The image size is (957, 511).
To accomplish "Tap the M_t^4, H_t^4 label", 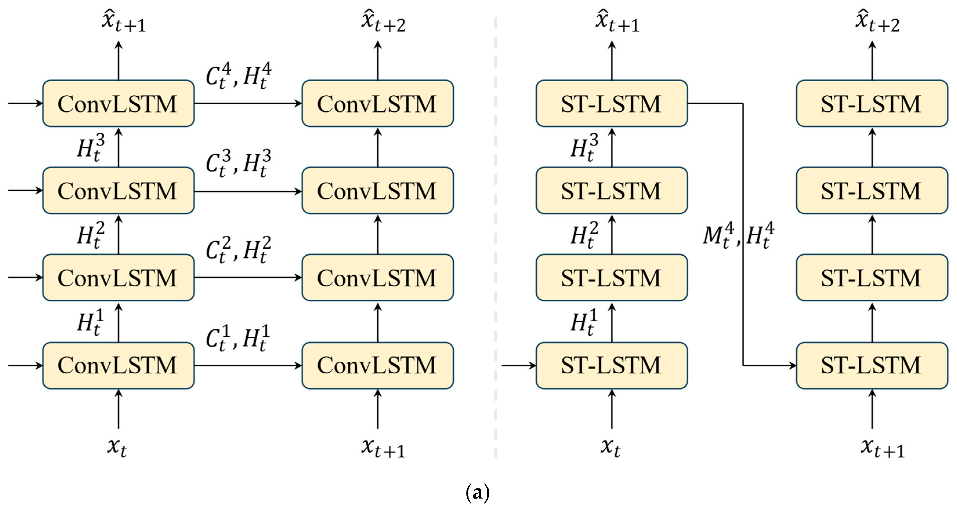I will pyautogui.click(x=738, y=235).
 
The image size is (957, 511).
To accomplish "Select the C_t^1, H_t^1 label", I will pyautogui.click(x=238, y=339).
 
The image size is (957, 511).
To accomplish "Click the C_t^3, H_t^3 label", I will pyautogui.click(x=238, y=164).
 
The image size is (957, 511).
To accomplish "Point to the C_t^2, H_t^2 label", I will pyautogui.click(x=238, y=250).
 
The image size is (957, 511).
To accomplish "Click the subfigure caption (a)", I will pyautogui.click(x=477, y=493).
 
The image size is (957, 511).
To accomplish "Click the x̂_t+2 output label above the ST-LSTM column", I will pyautogui.click(x=877, y=21).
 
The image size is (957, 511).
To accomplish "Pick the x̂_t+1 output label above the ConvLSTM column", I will pyautogui.click(x=124, y=21).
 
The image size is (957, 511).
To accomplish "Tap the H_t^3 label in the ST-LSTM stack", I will pyautogui.click(x=584, y=148).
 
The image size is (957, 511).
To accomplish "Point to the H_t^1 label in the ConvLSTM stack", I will pyautogui.click(x=91, y=323).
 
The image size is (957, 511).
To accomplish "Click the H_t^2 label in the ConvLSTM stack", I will pyautogui.click(x=91, y=235).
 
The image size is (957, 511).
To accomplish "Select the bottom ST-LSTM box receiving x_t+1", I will pyautogui.click(x=871, y=365).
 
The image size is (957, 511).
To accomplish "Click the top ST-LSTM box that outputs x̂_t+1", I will pyautogui.click(x=612, y=103).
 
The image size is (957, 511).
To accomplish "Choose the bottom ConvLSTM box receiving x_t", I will pyautogui.click(x=118, y=365).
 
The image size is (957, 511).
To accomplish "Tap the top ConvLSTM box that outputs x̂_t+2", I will pyautogui.click(x=377, y=103).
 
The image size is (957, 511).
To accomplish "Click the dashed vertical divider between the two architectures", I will pyautogui.click(x=495, y=237).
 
